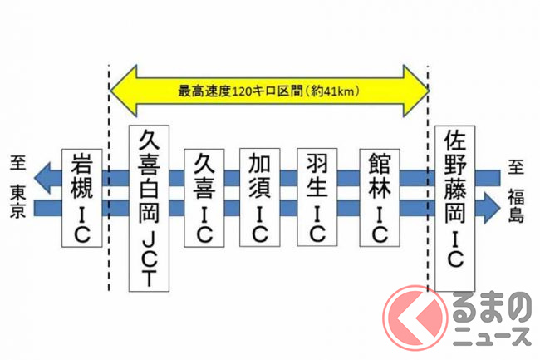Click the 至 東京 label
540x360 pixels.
(17, 177)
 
